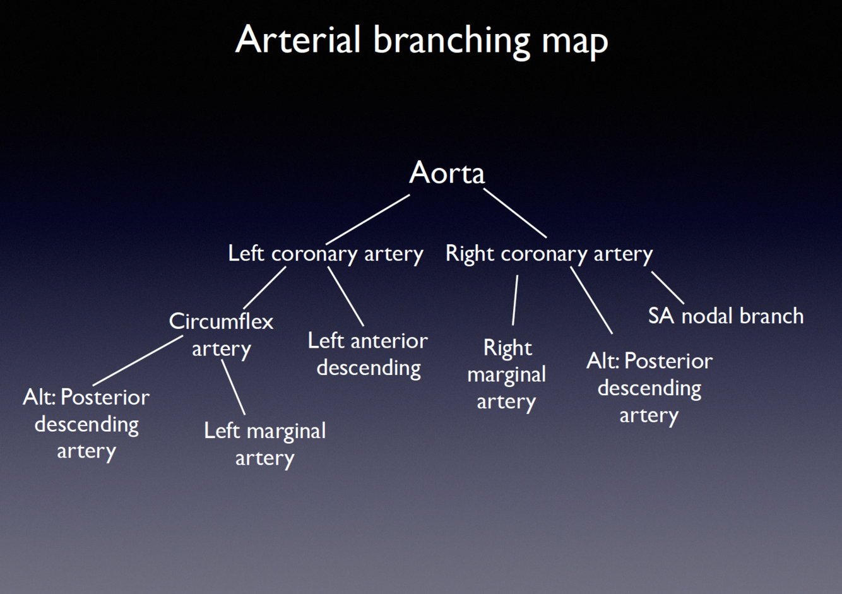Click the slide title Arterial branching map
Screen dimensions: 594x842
421,40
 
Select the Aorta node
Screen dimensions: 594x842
447,172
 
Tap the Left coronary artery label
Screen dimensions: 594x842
325,253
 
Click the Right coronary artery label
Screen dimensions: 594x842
549,253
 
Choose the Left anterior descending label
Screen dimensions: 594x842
368,354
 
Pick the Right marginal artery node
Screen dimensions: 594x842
506,374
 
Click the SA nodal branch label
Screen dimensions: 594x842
726,316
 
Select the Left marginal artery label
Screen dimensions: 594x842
264,444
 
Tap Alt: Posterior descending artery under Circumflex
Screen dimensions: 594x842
86,424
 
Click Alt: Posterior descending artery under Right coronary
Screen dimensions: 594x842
649,388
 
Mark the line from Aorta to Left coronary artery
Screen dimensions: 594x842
367,219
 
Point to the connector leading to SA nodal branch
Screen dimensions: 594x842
667,288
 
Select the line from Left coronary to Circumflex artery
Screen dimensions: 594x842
264,287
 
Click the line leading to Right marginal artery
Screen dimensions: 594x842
515,300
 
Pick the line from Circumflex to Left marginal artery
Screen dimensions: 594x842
233,386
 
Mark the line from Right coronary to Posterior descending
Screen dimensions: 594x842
591,300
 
